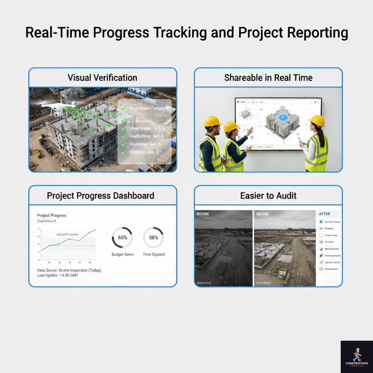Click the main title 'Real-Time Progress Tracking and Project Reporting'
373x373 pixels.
click(186, 33)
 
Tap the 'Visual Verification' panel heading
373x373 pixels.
click(102, 78)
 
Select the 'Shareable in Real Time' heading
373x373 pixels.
click(268, 78)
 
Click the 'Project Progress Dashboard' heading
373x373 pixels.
click(100, 196)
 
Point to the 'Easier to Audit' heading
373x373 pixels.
click(268, 196)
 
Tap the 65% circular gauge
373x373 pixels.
click(122, 237)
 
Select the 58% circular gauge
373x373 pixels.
click(153, 237)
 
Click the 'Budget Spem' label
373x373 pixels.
click(122, 254)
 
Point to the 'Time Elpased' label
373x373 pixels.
click(154, 254)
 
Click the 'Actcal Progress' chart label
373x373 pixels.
click(67, 234)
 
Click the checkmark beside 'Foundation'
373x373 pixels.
click(123, 108)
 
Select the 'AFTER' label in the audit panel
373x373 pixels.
click(324, 214)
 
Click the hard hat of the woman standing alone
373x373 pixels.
click(317, 121)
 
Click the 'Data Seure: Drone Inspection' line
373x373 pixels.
click(69, 270)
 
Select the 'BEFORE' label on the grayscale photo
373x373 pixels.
click(203, 214)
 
